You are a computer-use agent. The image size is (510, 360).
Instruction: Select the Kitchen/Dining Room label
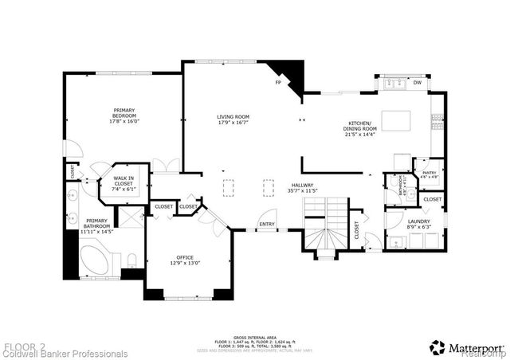coord(361,129)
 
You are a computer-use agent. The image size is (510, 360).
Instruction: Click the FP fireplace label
coord(278,82)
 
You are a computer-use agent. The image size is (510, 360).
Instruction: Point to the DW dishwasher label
coord(417,82)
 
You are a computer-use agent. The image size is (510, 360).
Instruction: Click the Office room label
coord(186,260)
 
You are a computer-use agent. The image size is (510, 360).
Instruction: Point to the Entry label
coord(266,224)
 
